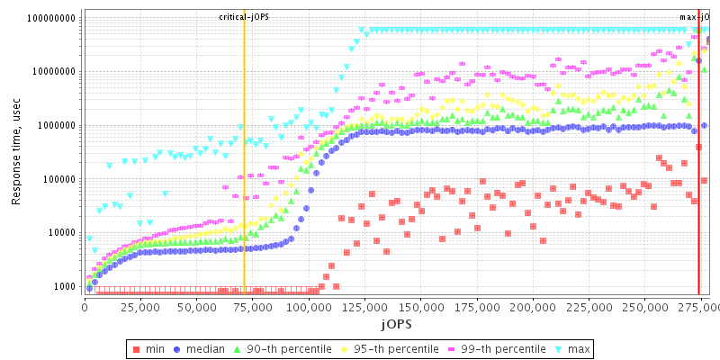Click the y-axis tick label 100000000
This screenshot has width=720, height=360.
[52, 18]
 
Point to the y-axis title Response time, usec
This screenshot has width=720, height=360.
[16, 153]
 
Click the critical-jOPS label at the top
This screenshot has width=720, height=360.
[244, 17]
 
